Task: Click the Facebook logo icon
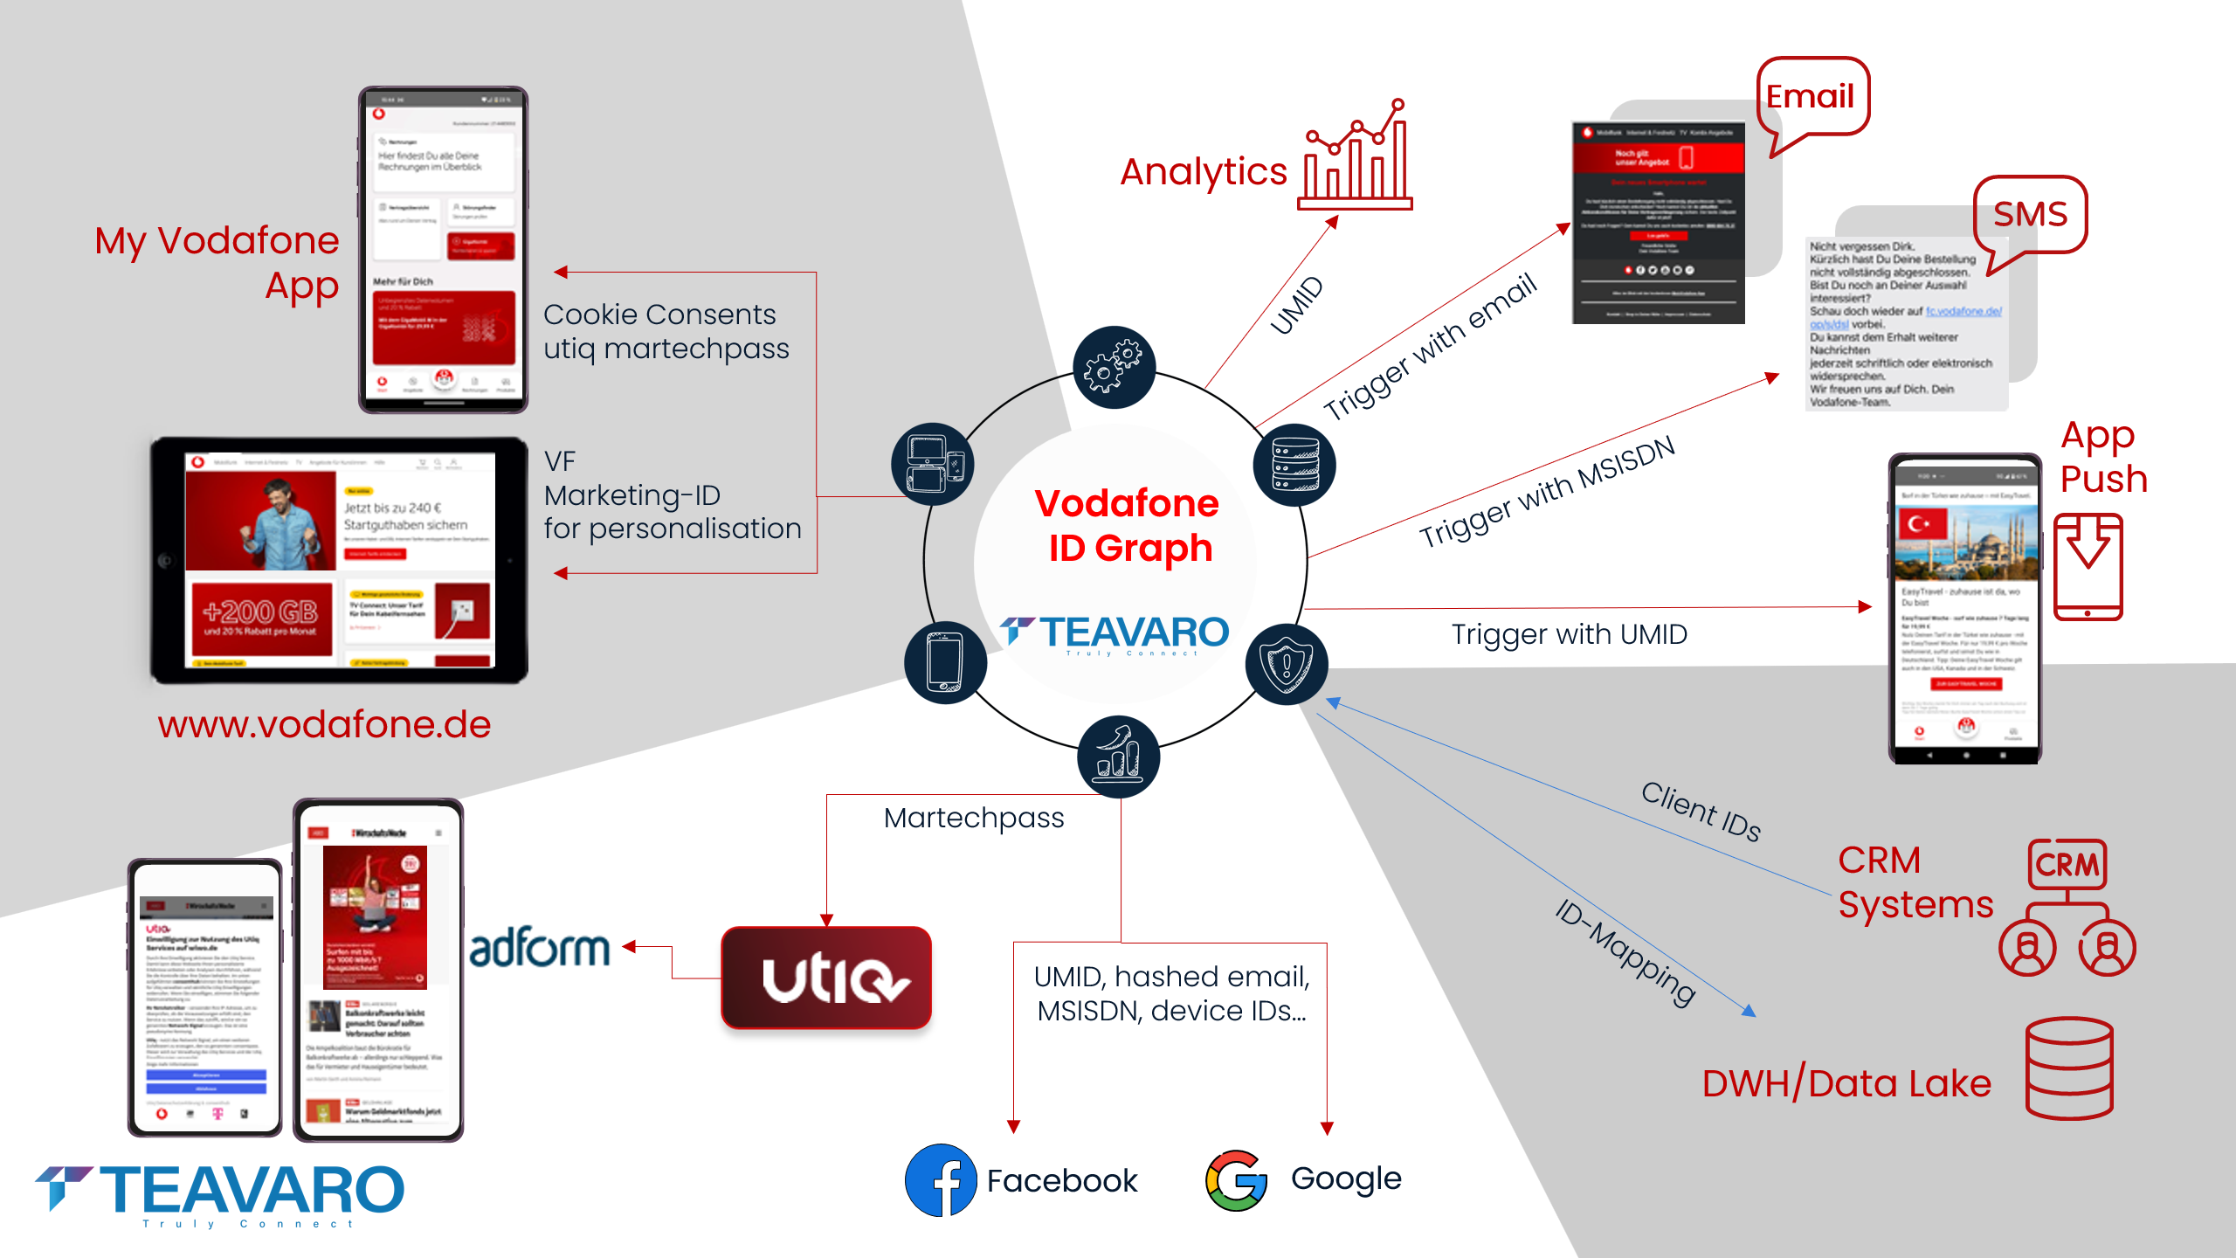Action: point(940,1180)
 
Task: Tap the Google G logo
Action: point(1236,1180)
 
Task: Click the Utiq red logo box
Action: point(826,978)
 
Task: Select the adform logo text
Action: point(539,949)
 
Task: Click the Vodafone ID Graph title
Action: point(1128,525)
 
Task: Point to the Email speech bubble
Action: point(1812,97)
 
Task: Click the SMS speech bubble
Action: point(2030,215)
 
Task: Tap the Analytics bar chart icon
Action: point(1355,157)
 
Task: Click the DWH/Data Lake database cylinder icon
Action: point(2068,1068)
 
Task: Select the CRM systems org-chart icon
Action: point(2067,909)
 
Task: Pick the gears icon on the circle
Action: point(1114,367)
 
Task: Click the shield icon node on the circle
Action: point(1287,664)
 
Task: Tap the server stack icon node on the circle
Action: point(1294,465)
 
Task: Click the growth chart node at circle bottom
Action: point(1118,756)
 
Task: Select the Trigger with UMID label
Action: point(1569,634)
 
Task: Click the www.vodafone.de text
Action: point(324,724)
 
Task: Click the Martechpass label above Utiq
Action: point(973,818)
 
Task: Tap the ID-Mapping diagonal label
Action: point(1625,951)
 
